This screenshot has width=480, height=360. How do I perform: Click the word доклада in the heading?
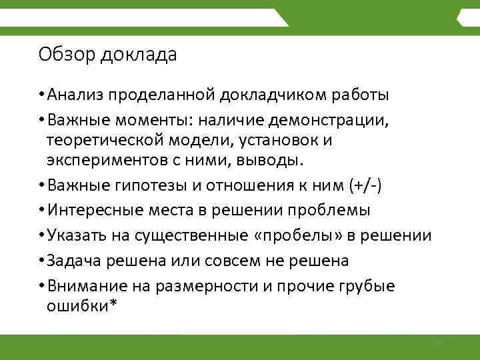[x=139, y=55]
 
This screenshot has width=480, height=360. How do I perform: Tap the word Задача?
[x=73, y=261]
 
